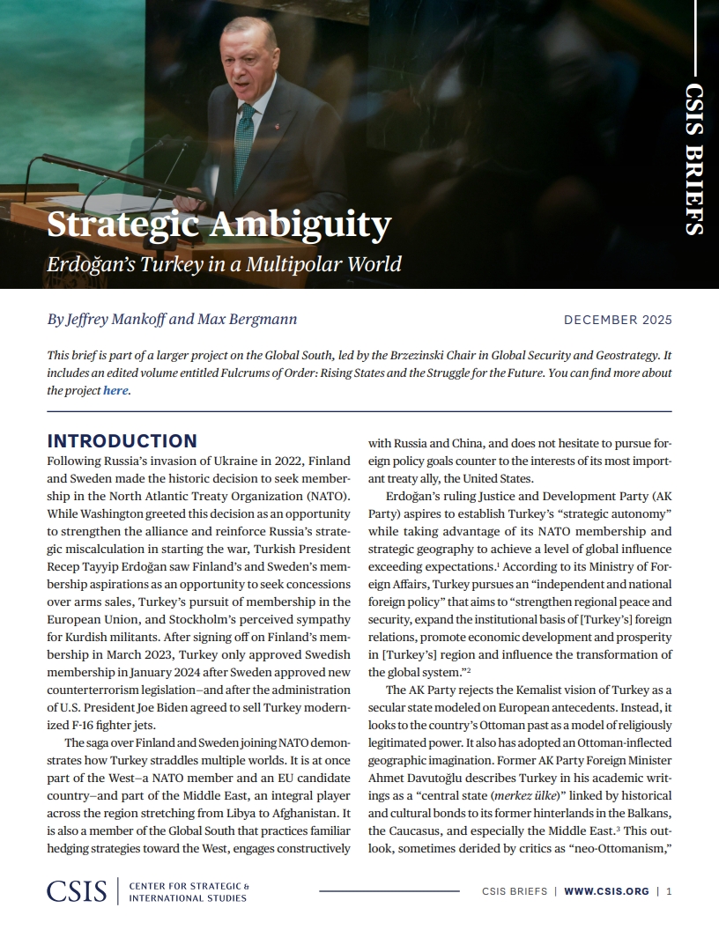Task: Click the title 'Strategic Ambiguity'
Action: tap(219, 225)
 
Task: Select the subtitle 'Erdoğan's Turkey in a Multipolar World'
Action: tap(224, 263)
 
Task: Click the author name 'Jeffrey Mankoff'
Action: tap(124, 319)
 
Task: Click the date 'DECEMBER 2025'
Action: tap(618, 320)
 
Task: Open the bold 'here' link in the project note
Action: tap(115, 390)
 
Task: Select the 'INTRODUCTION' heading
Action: tap(122, 441)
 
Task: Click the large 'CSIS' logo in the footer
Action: tap(77, 891)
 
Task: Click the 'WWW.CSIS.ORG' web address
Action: tap(605, 891)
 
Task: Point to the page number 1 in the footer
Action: tap(670, 891)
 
